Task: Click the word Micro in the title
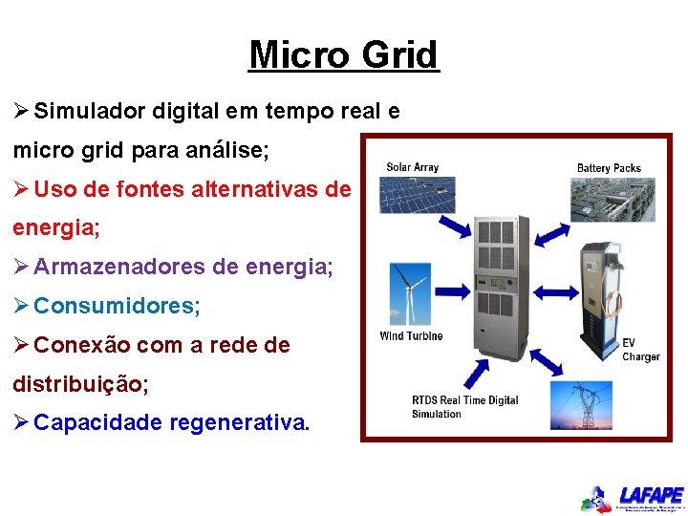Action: tap(300, 55)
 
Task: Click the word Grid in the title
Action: tap(400, 55)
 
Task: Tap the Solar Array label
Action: tap(412, 167)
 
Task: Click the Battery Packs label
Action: tap(609, 168)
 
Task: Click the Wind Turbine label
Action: tap(411, 336)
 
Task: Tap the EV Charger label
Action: tap(640, 349)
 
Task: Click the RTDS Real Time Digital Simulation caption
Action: tap(464, 407)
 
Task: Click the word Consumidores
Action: tap(117, 307)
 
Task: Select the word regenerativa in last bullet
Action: tap(239, 422)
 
